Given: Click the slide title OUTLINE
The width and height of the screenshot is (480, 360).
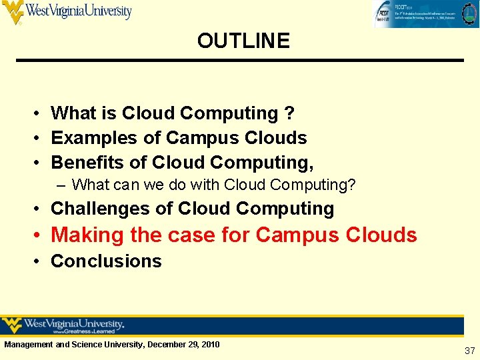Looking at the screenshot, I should (x=243, y=41).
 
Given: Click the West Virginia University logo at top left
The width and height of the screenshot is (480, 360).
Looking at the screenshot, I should (x=67, y=12).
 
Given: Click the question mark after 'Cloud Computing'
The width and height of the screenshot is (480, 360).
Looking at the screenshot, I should (x=289, y=114).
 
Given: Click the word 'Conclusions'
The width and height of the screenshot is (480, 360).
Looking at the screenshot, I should (x=106, y=261).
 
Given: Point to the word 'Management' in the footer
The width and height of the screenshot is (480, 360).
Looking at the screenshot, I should (x=28, y=345).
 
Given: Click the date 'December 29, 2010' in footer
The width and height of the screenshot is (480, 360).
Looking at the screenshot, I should (x=183, y=345).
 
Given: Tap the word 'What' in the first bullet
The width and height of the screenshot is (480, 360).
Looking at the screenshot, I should (x=73, y=114).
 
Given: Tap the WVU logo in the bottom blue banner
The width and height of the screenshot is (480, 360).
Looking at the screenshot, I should (x=63, y=325).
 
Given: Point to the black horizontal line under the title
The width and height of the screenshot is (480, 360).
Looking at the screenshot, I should (x=239, y=61).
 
